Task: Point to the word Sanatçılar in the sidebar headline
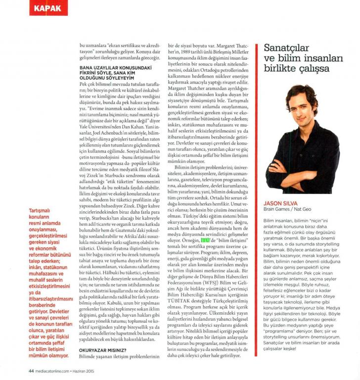pyautogui.click(x=288, y=48)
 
